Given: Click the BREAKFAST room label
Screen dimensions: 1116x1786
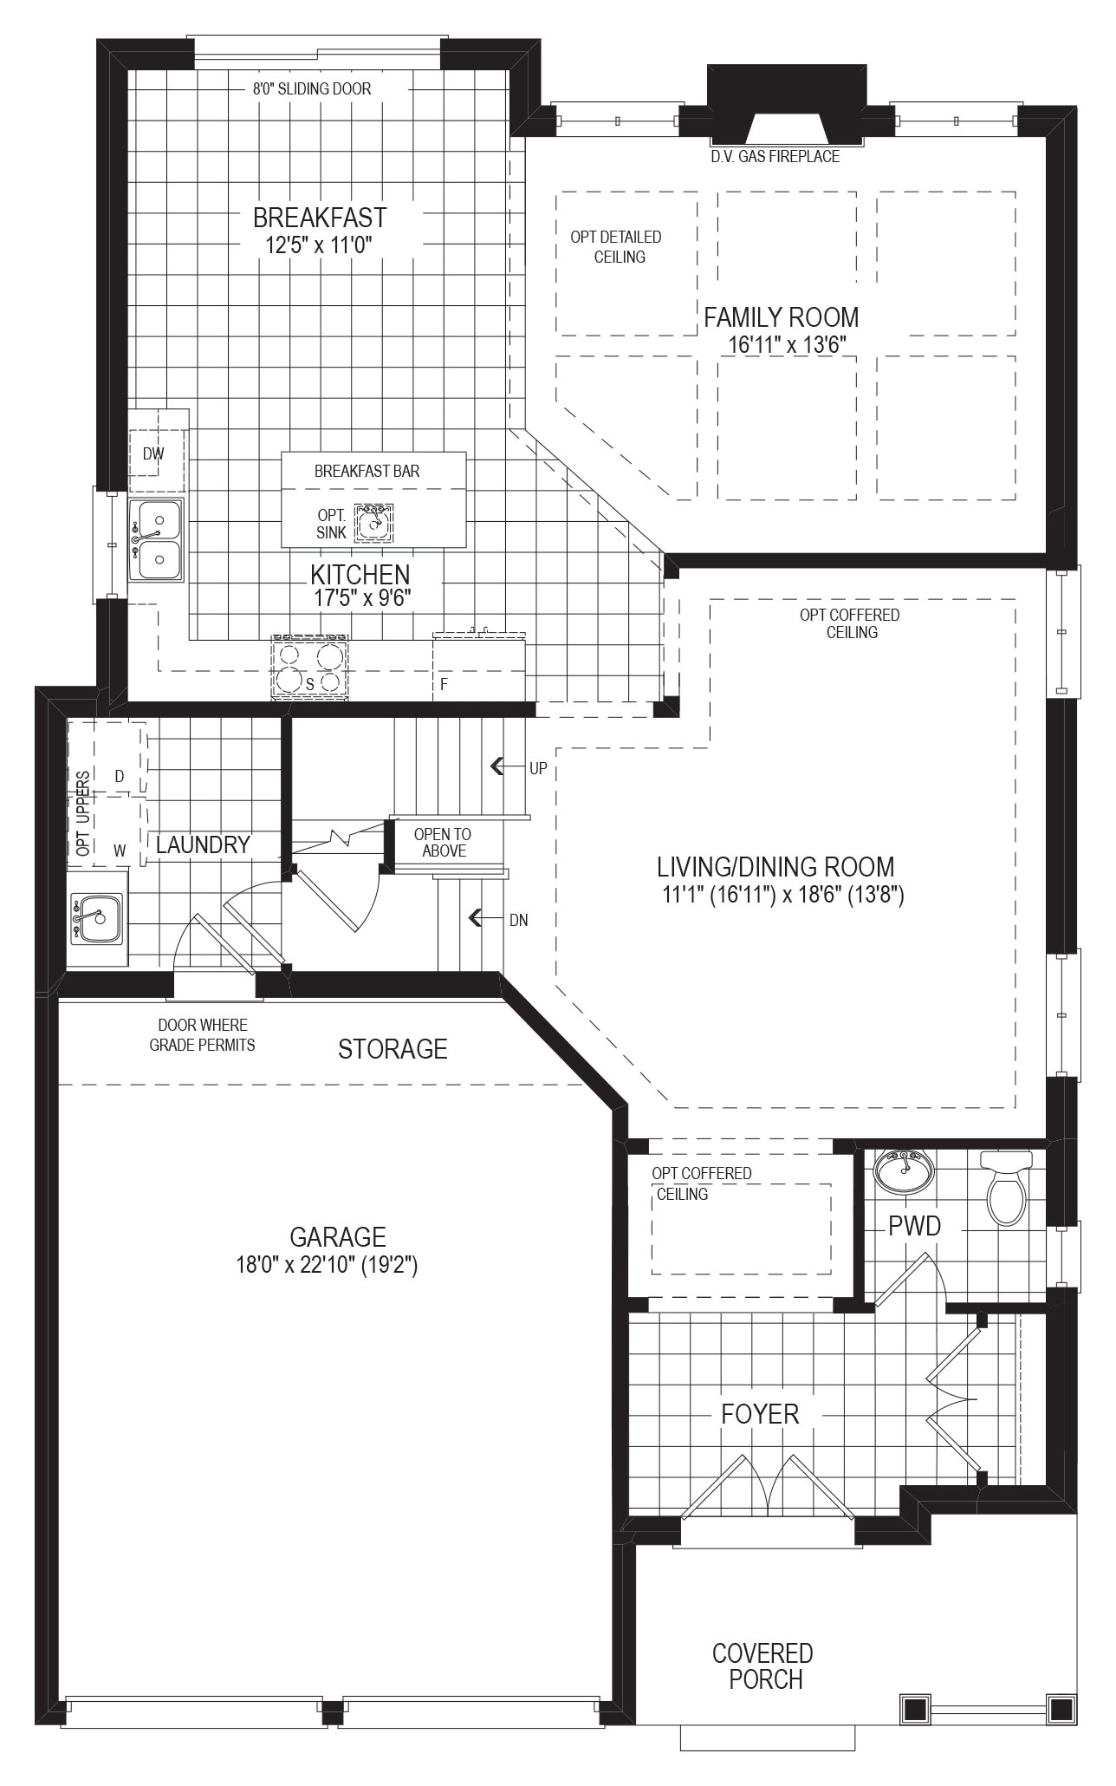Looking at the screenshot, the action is coord(320,217).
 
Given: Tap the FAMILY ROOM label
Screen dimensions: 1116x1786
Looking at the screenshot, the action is coord(782,317).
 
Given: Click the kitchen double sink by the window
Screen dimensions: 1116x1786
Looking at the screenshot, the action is coord(156,539).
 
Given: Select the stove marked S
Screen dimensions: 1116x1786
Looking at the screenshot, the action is coord(310,667).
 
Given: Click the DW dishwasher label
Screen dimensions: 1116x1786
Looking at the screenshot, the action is coord(153,453).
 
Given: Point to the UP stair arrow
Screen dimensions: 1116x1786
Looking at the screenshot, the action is coord(498,766).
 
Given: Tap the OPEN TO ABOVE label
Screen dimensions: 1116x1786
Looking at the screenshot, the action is coord(444,843).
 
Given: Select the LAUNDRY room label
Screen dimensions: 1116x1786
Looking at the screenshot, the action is coord(204,844).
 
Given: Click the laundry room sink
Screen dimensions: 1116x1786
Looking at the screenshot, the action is coord(97,918).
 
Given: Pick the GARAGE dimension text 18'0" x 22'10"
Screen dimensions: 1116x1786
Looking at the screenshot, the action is coord(328,1266).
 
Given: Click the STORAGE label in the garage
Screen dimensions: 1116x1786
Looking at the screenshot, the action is coord(393,1049).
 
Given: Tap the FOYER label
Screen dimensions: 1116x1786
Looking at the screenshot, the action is coord(760,1414).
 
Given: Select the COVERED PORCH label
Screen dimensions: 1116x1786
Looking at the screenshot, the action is coord(763,1666).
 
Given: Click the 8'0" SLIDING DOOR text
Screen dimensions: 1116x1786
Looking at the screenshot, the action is coord(312,88).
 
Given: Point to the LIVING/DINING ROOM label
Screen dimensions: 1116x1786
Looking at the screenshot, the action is coord(775,867).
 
